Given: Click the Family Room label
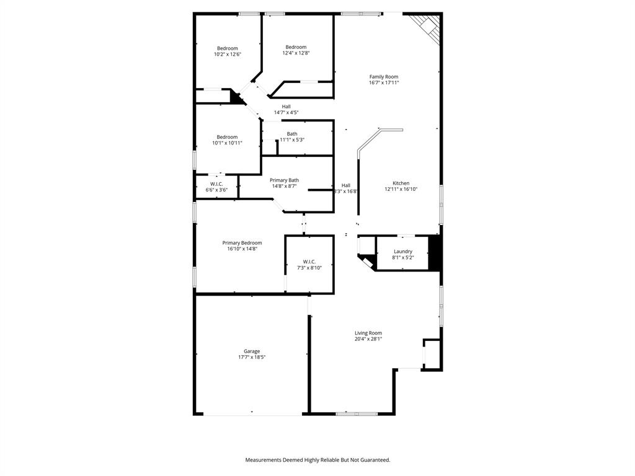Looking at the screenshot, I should point(383,77).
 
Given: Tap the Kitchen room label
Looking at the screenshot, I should point(401,183).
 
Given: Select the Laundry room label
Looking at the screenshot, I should point(402,252).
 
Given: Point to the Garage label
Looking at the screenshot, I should point(252,351).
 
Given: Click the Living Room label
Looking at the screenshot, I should point(368,333).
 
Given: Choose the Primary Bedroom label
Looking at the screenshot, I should point(242,243).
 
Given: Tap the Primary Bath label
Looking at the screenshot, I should point(284,180).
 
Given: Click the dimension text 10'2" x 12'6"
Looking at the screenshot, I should point(228,55).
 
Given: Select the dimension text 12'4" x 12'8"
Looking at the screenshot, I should point(296,53).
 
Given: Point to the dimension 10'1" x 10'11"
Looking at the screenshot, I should point(227,143).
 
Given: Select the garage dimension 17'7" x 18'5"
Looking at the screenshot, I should point(252,358).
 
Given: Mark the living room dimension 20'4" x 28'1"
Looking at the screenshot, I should point(368,339).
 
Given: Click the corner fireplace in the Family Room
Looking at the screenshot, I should point(427,25).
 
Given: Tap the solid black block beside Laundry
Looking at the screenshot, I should point(435,252).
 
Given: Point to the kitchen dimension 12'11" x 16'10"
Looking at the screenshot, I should point(401,190).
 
